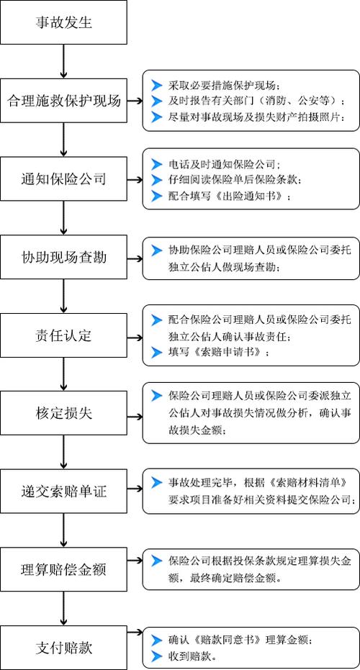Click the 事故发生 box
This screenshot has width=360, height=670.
[x=63, y=22]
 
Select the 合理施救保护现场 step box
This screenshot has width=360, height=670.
[x=63, y=101]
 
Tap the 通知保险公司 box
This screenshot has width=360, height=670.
[x=63, y=179]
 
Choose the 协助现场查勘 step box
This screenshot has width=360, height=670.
[x=63, y=257]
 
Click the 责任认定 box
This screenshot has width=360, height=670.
[x=63, y=335]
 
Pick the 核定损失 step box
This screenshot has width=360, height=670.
[x=63, y=413]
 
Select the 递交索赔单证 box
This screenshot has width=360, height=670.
[x=63, y=492]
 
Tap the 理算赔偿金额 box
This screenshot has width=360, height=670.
[x=63, y=569]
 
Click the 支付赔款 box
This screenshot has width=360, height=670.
[x=63, y=648]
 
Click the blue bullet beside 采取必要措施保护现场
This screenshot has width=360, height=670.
[x=157, y=85]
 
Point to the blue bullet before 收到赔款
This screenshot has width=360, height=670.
[x=157, y=655]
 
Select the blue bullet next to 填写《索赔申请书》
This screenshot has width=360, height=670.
[x=157, y=352]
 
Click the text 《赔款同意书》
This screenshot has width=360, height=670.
[x=227, y=640]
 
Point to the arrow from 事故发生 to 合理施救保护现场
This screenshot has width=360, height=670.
[x=63, y=62]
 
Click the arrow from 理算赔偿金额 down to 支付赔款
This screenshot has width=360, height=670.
[x=63, y=609]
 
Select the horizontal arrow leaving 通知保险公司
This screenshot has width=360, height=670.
[x=135, y=180]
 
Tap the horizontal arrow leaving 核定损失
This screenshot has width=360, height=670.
[x=135, y=414]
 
